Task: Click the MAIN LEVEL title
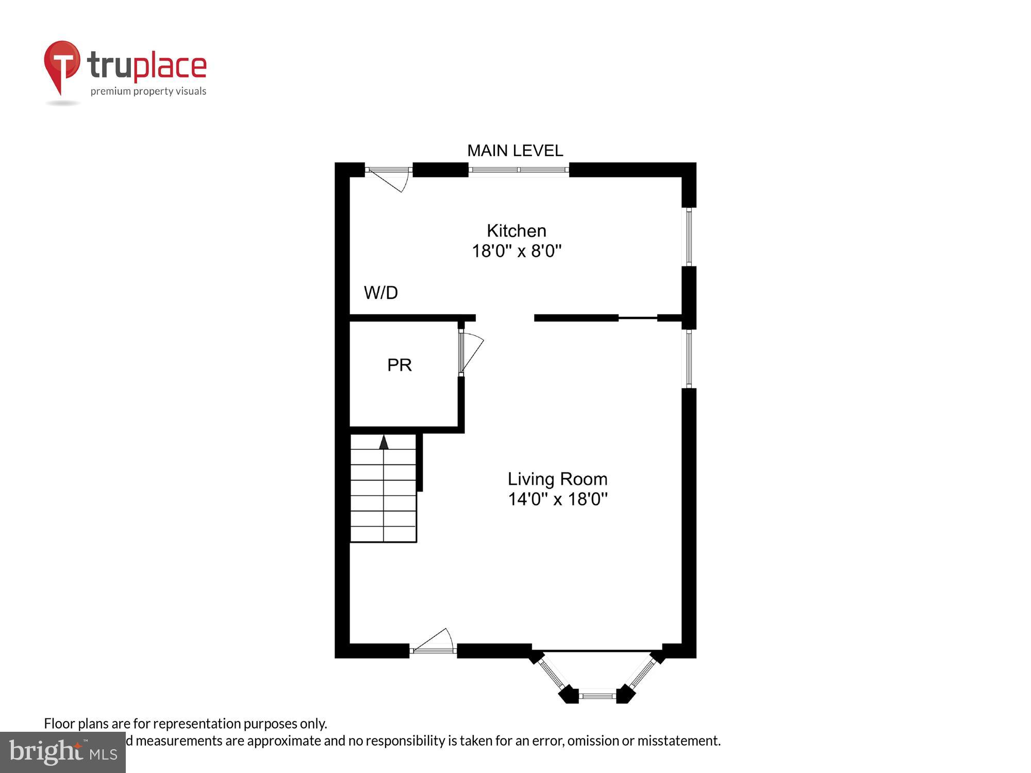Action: pyautogui.click(x=515, y=150)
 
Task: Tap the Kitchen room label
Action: pyautogui.click(x=516, y=230)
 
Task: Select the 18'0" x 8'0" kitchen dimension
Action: pyautogui.click(x=517, y=251)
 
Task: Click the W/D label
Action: pyautogui.click(x=381, y=293)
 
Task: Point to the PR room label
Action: pyautogui.click(x=400, y=365)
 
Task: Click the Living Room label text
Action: pyautogui.click(x=557, y=479)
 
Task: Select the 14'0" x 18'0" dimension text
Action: pyautogui.click(x=558, y=499)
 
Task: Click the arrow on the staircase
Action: pyautogui.click(x=384, y=443)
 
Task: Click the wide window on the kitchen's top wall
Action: pyautogui.click(x=519, y=170)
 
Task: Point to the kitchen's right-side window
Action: pyautogui.click(x=689, y=237)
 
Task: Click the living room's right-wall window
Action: pyautogui.click(x=689, y=359)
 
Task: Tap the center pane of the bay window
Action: pyautogui.click(x=597, y=696)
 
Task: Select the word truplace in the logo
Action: pyautogui.click(x=147, y=66)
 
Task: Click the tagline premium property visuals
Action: pyautogui.click(x=148, y=92)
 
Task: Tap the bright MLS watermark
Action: pyautogui.click(x=63, y=752)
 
